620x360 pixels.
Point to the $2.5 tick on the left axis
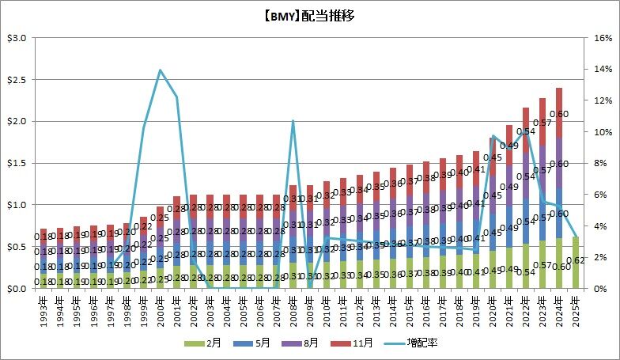click(x=17, y=80)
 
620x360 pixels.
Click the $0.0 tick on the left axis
click(x=17, y=289)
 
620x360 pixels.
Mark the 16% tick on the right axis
click(x=603, y=38)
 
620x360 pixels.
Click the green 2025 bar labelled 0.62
click(x=575, y=263)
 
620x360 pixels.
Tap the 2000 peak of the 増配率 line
click(x=161, y=70)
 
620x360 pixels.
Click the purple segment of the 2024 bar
click(x=558, y=163)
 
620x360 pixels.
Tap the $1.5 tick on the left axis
click(x=17, y=164)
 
